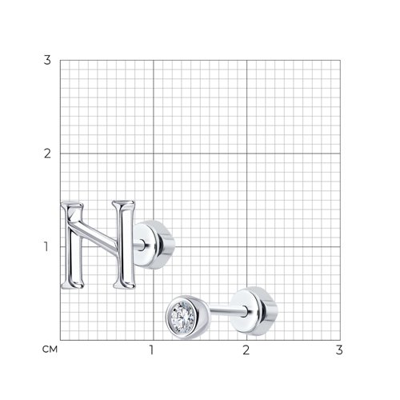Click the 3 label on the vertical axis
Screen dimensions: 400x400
[47, 60]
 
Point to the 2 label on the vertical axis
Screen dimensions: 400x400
[47, 154]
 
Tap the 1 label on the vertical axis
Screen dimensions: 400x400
[46, 246]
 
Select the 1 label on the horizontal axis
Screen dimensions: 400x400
[151, 350]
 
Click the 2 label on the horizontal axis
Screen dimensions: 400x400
[246, 350]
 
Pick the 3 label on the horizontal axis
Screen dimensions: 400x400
[339, 350]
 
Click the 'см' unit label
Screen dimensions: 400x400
[50, 349]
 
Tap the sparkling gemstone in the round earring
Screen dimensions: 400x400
[183, 317]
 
